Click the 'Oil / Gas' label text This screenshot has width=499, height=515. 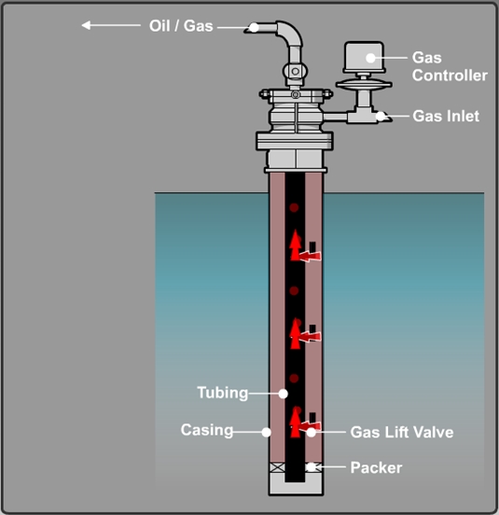click(x=181, y=26)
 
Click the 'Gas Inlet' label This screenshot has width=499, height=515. click(x=446, y=117)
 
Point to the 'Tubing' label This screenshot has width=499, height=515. click(x=222, y=393)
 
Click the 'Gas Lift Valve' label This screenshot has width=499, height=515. click(x=401, y=432)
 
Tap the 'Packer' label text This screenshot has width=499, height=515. click(x=376, y=466)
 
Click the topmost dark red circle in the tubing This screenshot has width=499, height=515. click(x=294, y=207)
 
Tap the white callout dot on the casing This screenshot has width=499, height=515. click(x=266, y=431)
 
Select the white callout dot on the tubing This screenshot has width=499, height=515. click(x=284, y=394)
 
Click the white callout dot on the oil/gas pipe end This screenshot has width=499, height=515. click(x=254, y=27)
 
